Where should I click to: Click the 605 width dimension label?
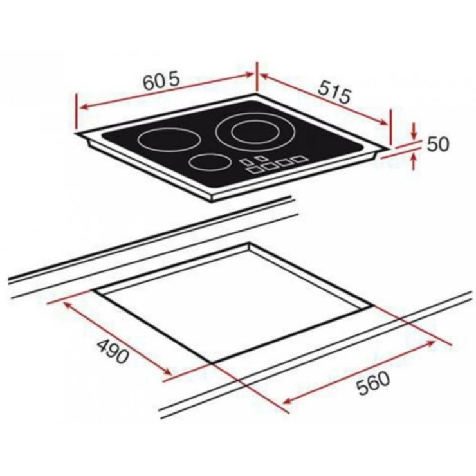pyautogui.click(x=162, y=82)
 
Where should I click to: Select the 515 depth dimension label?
pyautogui.click(x=334, y=93)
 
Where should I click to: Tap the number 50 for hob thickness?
pyautogui.click(x=437, y=144)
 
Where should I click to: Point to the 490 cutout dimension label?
pyautogui.click(x=113, y=352)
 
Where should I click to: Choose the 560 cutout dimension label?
pyautogui.click(x=372, y=383)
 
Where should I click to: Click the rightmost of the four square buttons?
pyautogui.click(x=299, y=159)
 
